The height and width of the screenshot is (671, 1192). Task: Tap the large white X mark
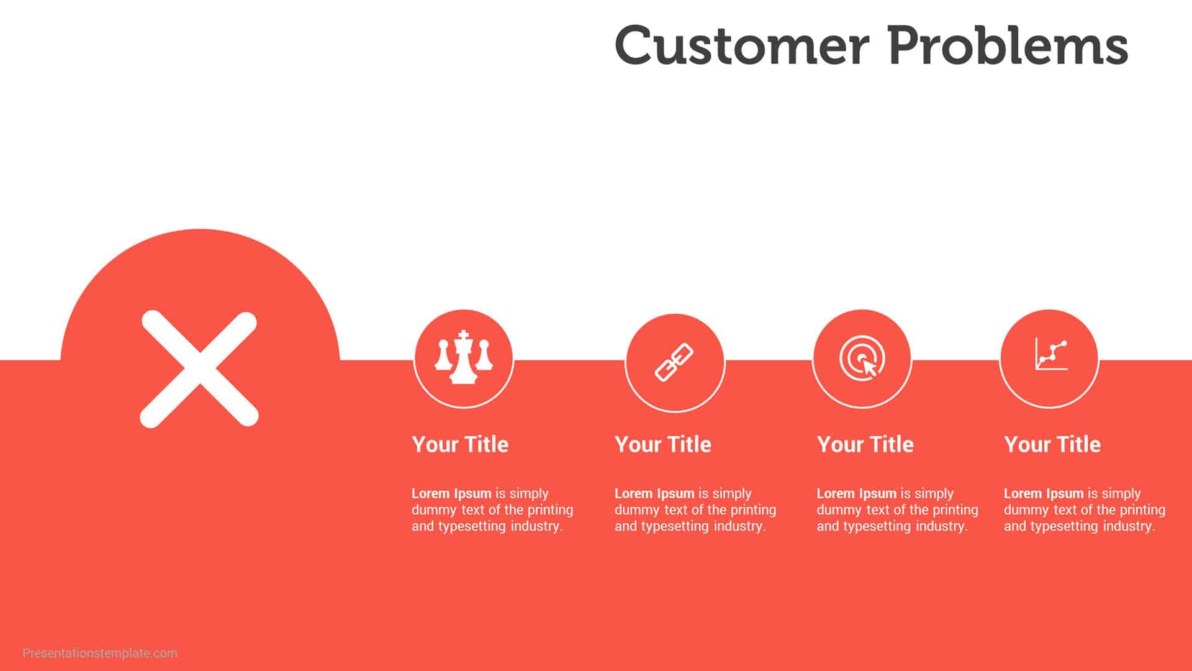(x=199, y=369)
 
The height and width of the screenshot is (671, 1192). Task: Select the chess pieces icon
(x=463, y=358)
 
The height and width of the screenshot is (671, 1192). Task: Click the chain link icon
(x=674, y=362)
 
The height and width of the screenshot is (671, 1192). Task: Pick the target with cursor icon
(x=862, y=358)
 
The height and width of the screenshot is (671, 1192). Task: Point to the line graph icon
(x=1050, y=355)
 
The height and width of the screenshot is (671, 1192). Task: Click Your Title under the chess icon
(x=460, y=444)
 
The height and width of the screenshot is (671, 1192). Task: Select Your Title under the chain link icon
(x=663, y=444)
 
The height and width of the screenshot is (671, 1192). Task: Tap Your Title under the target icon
(x=865, y=444)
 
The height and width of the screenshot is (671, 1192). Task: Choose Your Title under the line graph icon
(x=1052, y=444)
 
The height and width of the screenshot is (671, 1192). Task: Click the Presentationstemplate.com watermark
(x=100, y=653)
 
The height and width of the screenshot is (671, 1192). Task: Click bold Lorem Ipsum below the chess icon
(x=451, y=493)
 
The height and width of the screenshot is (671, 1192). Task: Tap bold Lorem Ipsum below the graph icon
(x=1044, y=493)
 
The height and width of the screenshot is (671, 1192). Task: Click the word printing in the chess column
(x=550, y=510)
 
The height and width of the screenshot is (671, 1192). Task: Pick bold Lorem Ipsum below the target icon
(x=856, y=493)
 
